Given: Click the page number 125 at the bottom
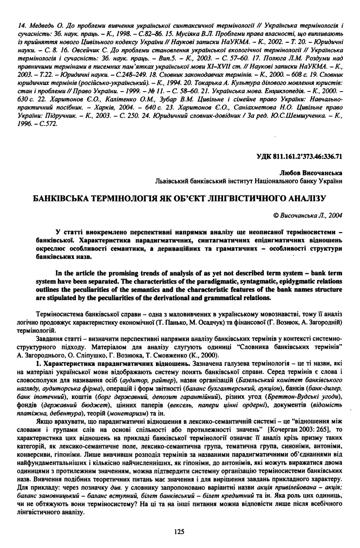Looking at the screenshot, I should (x=179, y=531).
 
